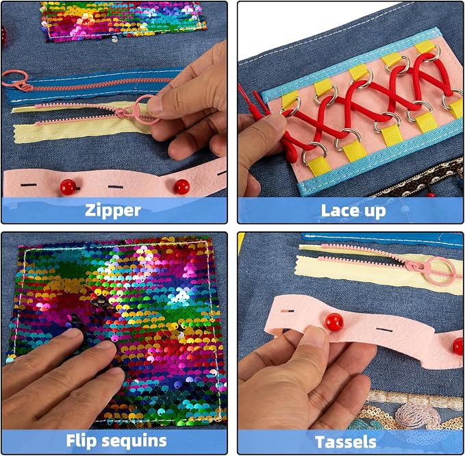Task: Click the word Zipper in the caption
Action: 113,211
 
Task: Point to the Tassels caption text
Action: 345,442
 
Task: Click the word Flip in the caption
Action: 81,440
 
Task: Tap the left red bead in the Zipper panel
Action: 68,187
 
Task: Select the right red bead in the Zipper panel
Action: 181,187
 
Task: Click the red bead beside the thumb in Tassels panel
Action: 334,322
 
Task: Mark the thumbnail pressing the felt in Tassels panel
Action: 315,336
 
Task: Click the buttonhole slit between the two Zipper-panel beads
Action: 115,187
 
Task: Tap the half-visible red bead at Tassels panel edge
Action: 458,346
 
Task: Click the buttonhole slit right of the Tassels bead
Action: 384,330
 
